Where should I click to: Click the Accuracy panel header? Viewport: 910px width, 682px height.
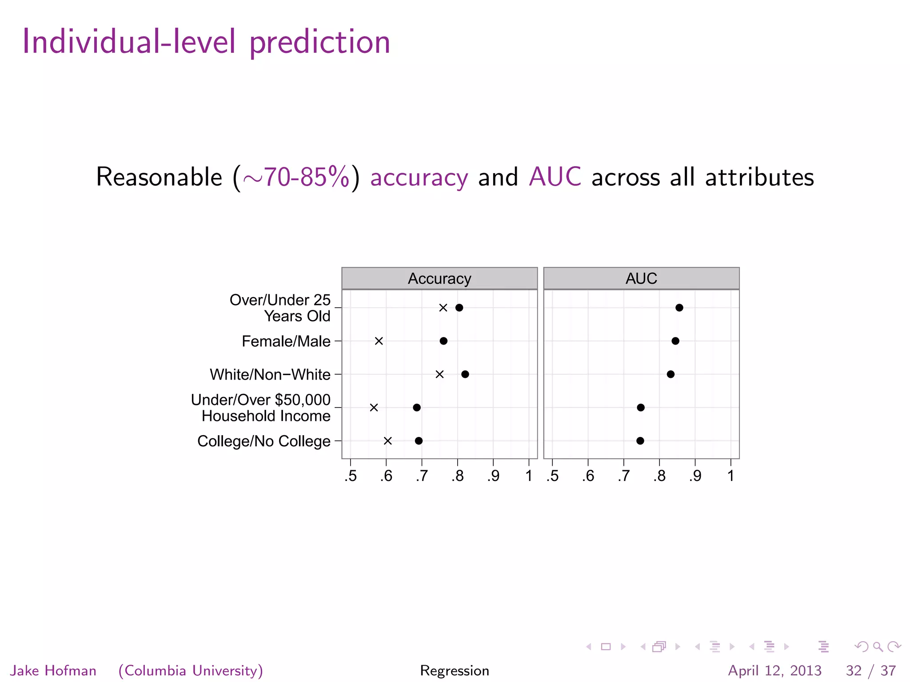coord(439,278)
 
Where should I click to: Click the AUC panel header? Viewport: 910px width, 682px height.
coord(641,278)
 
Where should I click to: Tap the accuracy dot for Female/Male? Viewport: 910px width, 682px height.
coord(443,341)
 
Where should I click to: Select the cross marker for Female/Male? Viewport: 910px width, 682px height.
coord(379,341)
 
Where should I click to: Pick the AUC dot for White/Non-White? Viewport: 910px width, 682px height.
coord(671,374)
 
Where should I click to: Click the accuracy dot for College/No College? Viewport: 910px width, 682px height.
coord(419,441)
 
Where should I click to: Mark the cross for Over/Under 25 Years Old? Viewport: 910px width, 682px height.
coord(443,308)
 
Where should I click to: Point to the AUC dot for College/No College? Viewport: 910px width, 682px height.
coord(640,441)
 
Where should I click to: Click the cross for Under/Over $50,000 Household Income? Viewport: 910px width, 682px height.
coord(374,408)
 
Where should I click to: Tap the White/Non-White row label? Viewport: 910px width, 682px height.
coord(270,375)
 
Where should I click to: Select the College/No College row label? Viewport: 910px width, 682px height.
coord(264,441)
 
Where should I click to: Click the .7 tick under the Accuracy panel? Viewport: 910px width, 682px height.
coord(422,476)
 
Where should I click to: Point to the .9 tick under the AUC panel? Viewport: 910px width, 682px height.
coord(695,476)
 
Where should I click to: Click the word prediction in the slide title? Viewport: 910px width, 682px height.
coord(319,42)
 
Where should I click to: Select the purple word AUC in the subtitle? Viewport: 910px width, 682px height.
coord(555,177)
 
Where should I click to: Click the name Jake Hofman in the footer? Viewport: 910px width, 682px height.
coord(53,670)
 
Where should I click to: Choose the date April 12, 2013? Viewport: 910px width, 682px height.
coord(774,670)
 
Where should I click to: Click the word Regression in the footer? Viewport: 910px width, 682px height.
coord(455,670)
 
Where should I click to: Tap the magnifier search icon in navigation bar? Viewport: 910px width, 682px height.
coord(878,646)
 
